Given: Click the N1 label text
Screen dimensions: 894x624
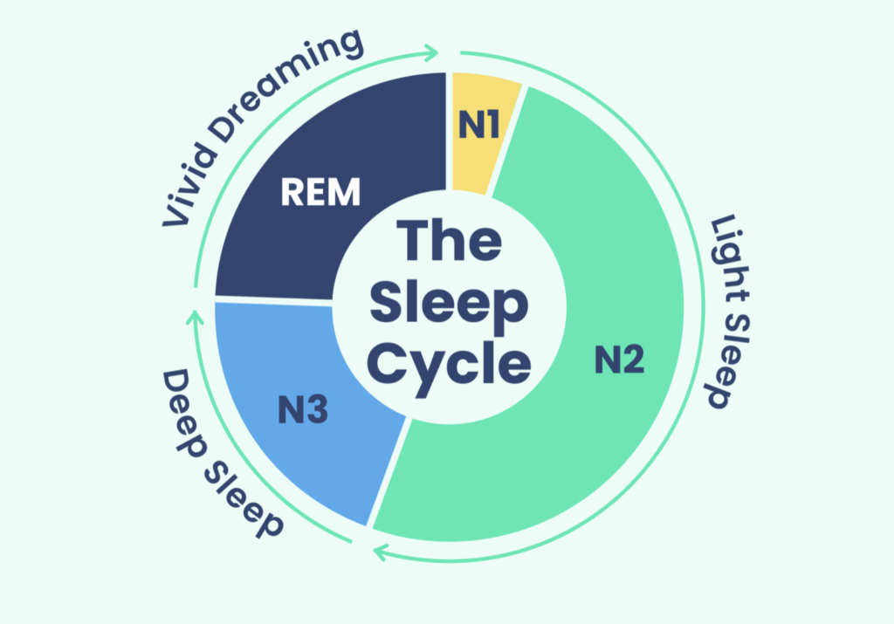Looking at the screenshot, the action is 479,124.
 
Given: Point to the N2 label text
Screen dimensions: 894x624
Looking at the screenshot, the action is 619,360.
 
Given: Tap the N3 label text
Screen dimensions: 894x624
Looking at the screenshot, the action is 303,409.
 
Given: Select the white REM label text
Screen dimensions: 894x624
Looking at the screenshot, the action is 321,192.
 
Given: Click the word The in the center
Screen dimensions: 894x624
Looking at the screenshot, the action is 450,240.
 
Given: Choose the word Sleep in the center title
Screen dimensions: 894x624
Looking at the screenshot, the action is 450,305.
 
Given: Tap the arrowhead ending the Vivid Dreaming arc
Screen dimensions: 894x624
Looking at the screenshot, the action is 431,53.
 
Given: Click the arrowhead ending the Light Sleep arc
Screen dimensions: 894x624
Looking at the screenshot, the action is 381,552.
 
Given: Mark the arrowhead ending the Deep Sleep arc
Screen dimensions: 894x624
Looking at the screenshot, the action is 195,318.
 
